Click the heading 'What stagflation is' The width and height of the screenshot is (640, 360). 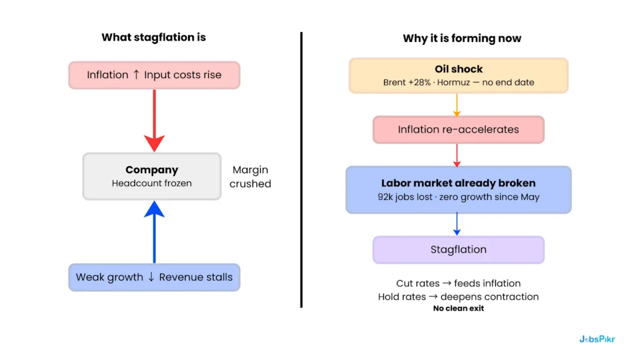[x=154, y=37]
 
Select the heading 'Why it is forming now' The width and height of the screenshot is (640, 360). [x=462, y=39]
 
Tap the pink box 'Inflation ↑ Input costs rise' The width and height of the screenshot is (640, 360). [x=154, y=75]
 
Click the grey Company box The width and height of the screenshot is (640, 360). [x=152, y=176]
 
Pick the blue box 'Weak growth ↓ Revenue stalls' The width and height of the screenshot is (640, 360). [x=154, y=277]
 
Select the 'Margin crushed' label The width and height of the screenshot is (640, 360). [x=250, y=177]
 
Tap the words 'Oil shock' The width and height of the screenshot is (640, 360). [x=459, y=69]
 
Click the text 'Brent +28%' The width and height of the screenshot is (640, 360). [x=407, y=82]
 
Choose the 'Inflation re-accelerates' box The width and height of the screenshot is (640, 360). [x=458, y=130]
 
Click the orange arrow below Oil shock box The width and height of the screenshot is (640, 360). [x=457, y=104]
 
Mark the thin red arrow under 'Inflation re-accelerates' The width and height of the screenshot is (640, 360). [x=457, y=154]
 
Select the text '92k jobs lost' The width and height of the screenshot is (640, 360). [x=397, y=197]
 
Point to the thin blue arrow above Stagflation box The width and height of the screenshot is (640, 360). [x=457, y=224]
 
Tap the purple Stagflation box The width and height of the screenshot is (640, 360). [x=458, y=250]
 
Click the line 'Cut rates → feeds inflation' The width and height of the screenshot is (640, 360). [x=458, y=284]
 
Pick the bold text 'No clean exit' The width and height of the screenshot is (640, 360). [x=458, y=308]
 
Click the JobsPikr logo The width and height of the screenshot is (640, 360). [x=596, y=339]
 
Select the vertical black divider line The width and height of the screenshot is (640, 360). [x=301, y=169]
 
